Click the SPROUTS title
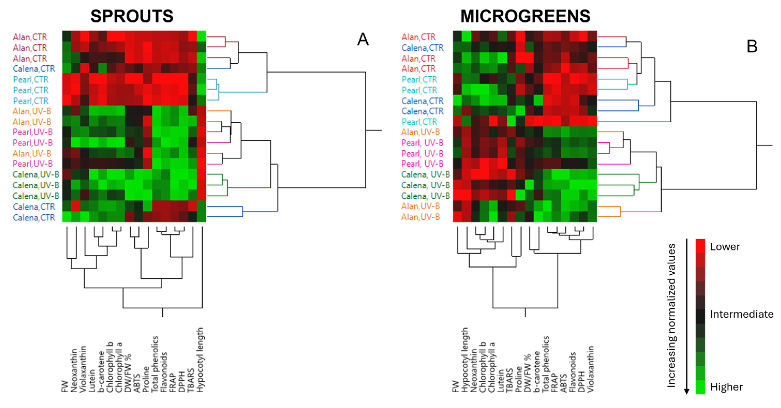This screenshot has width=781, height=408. [132, 16]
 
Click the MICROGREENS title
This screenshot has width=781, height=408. [525, 16]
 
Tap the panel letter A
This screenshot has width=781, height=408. [363, 39]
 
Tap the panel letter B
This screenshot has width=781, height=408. [752, 47]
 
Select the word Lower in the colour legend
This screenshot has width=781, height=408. [725, 247]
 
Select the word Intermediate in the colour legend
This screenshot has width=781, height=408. [742, 314]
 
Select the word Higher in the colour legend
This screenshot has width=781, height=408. [726, 387]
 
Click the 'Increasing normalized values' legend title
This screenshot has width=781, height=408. [672, 315]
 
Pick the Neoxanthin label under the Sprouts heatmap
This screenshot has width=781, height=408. [74, 370]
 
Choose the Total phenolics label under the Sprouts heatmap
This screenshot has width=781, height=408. [155, 364]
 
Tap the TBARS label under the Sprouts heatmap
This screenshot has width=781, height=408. [191, 380]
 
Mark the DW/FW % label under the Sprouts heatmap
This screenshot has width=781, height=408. [128, 373]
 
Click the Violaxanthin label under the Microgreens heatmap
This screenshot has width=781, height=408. [591, 369]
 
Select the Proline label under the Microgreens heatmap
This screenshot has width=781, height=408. [518, 379]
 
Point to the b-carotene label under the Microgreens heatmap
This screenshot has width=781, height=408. [537, 371]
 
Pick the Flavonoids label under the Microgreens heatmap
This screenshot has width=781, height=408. [572, 372]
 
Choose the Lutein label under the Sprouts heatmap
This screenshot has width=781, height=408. [92, 380]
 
